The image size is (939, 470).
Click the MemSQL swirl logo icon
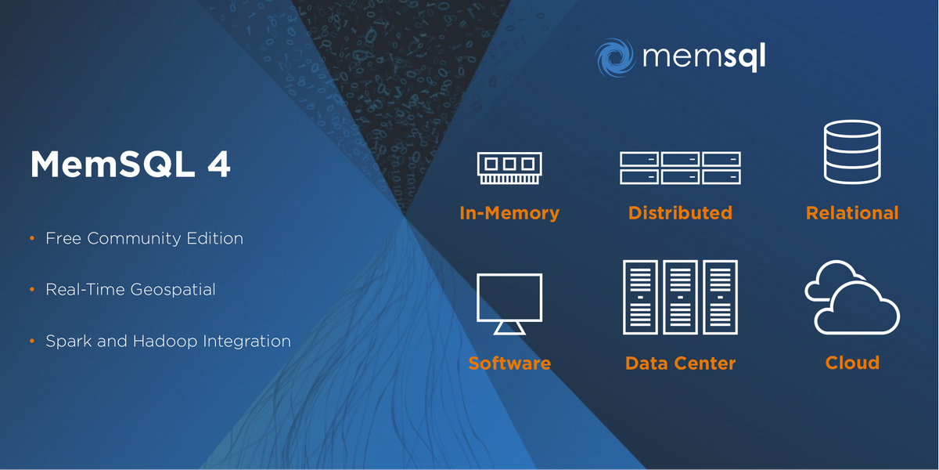point(615,57)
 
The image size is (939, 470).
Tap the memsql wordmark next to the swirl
point(704,56)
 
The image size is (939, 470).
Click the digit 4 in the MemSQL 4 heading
point(219,164)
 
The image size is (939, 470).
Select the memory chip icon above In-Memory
point(509,168)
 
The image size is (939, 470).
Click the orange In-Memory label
point(509,213)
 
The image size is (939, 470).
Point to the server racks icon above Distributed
point(680,168)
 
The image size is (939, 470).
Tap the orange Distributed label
point(680,213)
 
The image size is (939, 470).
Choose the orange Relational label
point(852,213)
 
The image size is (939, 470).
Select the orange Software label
point(509,363)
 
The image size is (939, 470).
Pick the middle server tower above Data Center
point(680,297)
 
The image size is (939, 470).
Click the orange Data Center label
point(680,363)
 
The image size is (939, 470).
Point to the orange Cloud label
point(852,363)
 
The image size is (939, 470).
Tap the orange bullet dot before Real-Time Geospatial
point(32,290)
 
